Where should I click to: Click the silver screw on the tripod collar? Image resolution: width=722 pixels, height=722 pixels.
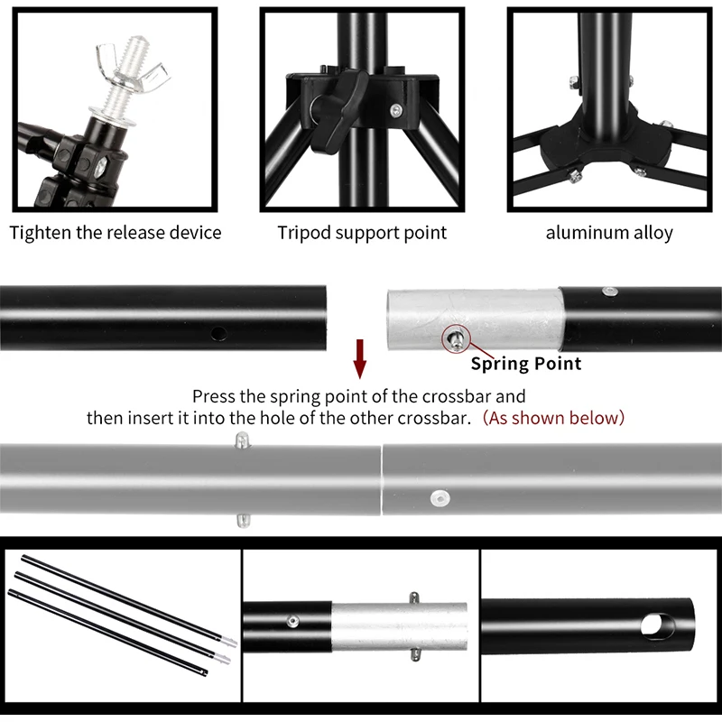(x=395, y=110)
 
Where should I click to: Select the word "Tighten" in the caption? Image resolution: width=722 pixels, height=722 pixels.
(x=41, y=233)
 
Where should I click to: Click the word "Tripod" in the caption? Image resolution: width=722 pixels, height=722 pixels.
(x=304, y=233)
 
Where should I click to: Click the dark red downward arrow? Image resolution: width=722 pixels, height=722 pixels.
(x=360, y=358)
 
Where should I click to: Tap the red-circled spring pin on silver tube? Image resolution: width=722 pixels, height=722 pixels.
(x=456, y=340)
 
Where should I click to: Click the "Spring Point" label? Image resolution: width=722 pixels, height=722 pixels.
(x=526, y=364)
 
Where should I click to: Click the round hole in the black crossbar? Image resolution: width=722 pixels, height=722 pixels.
(x=218, y=333)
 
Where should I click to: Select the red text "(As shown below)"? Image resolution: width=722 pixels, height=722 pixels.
(x=553, y=418)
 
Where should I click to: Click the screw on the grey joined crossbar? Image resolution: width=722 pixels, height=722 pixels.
(x=440, y=499)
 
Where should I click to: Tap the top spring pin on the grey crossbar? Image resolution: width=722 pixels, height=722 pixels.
(x=242, y=440)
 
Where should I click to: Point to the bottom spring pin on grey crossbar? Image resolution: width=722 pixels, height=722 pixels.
(x=243, y=521)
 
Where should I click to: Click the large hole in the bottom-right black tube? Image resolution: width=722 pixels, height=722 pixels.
(x=657, y=625)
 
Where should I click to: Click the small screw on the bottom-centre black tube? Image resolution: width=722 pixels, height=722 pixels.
(x=292, y=622)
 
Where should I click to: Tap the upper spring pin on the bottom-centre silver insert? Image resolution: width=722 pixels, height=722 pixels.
(x=414, y=598)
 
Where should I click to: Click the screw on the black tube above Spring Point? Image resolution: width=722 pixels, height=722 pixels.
(x=610, y=292)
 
